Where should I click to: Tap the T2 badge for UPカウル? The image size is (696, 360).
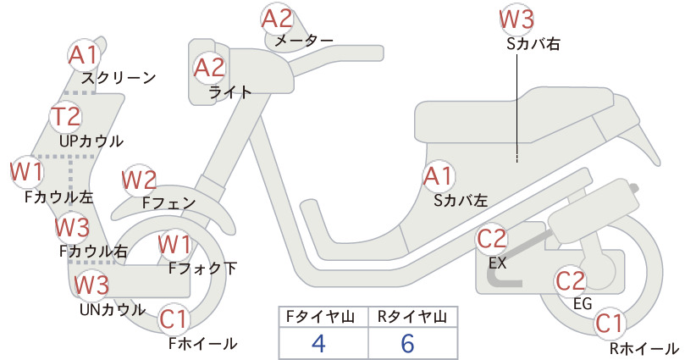pos(67,116)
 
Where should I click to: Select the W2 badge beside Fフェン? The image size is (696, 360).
pos(140,180)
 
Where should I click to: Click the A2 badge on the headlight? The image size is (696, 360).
pos(209,68)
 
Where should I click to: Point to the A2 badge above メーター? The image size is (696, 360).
pos(278,19)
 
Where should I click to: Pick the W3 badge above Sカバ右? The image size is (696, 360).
pos(516,19)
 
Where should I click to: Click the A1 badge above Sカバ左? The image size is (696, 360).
pos(439,176)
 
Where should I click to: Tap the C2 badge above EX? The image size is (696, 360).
pos(492,239)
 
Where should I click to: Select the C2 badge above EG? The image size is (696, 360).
pos(571,281)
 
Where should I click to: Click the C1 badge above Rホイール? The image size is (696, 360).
pos(610,324)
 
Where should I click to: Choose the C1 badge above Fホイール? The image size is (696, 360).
pos(174,319)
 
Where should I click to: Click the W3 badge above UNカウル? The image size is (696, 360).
pos(91,285)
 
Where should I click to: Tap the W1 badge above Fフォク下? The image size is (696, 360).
pos(175,245)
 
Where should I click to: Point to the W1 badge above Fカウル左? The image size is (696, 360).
pos(26,172)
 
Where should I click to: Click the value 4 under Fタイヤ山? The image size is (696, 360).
pos(318,343)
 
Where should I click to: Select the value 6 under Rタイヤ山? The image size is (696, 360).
pos(407,343)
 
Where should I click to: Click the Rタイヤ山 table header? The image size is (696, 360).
pos(412,317)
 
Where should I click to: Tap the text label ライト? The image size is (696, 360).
pos(230,93)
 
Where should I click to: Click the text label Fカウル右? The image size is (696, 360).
pos(94,252)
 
